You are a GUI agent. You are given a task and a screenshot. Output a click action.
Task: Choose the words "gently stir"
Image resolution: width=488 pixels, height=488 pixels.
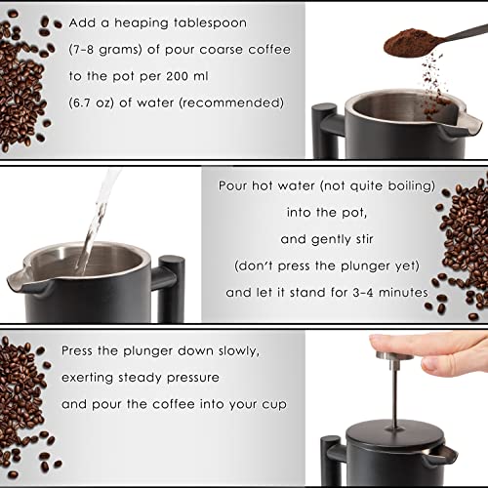point(342,235)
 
